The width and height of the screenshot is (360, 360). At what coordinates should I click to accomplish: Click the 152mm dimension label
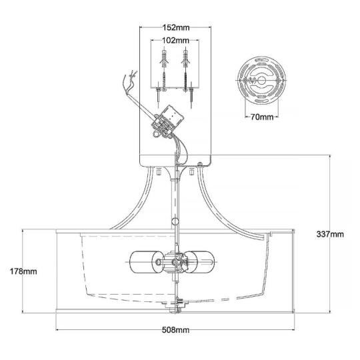[x=176, y=27]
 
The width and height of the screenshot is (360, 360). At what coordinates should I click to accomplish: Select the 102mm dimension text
[x=175, y=41]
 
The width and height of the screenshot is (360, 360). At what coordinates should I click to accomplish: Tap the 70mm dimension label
[x=262, y=117]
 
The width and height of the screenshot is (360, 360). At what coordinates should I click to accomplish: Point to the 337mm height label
[x=330, y=234]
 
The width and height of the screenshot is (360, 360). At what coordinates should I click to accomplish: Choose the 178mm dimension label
[x=23, y=271]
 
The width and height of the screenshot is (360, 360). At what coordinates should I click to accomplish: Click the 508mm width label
[x=175, y=330]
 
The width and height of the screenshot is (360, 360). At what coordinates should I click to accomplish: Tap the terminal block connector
[x=167, y=122]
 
